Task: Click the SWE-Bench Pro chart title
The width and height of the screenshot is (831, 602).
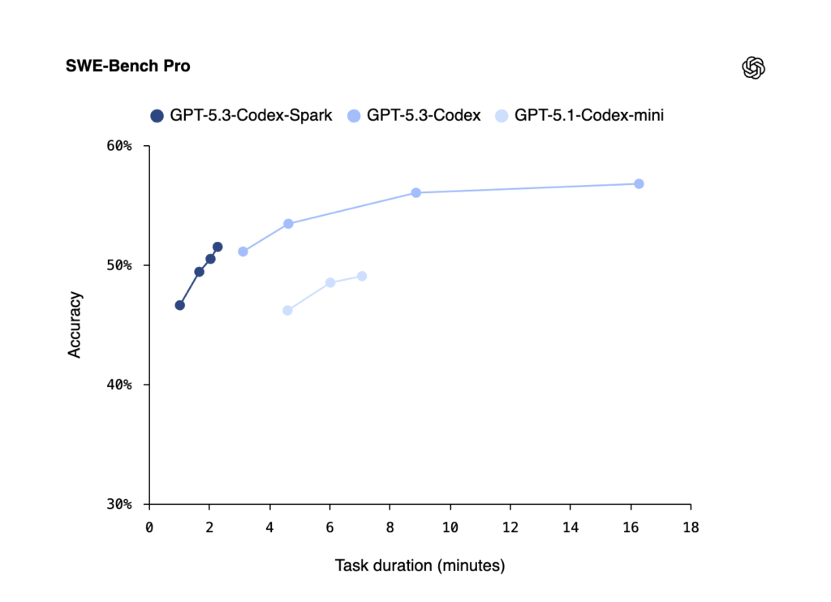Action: [128, 66]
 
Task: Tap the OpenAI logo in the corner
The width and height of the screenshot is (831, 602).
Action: [754, 67]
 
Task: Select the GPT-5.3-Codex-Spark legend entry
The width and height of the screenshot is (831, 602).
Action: [242, 115]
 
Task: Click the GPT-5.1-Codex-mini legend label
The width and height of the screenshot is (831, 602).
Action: [589, 115]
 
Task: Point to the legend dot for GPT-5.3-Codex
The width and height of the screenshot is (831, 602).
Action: [353, 116]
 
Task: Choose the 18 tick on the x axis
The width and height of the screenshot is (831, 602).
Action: [691, 527]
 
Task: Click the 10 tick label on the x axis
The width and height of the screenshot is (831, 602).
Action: [450, 527]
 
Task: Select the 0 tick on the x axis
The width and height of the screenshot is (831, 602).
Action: [149, 527]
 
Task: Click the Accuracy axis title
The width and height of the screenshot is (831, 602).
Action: [75, 325]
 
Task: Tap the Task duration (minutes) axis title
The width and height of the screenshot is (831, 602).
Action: [420, 565]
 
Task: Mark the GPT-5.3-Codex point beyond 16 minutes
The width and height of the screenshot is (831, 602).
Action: [639, 183]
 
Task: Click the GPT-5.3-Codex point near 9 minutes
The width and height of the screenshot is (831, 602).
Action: [415, 192]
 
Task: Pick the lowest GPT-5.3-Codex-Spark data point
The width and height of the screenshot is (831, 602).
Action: [180, 305]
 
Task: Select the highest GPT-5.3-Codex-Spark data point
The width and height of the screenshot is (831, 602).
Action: [217, 247]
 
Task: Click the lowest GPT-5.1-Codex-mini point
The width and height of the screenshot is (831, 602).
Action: [287, 310]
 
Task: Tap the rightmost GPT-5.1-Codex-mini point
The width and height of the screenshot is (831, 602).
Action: [362, 276]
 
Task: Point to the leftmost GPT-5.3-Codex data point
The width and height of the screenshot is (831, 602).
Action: [243, 252]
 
